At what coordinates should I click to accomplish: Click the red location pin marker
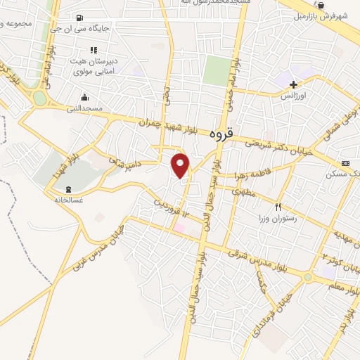click(x=181, y=165)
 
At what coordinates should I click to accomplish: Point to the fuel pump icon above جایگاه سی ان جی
click(x=77, y=18)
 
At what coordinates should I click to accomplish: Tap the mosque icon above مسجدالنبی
click(x=85, y=97)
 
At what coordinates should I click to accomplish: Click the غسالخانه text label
click(x=69, y=199)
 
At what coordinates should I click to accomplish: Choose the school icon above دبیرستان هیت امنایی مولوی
click(x=92, y=50)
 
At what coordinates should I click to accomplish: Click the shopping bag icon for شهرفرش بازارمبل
click(x=321, y=5)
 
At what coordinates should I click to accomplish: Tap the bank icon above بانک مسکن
click(x=345, y=162)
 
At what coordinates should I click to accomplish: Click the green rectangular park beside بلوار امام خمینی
click(x=218, y=70)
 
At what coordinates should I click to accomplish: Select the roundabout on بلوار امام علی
click(x=40, y=98)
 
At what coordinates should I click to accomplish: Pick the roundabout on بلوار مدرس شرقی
click(x=307, y=277)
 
